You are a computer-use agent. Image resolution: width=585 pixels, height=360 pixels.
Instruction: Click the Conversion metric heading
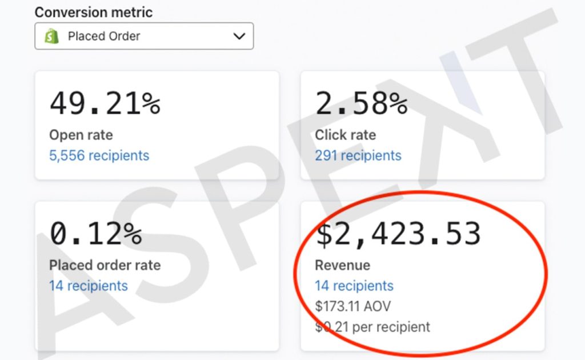pos(94,13)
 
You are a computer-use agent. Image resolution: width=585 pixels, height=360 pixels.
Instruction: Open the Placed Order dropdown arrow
pos(239,36)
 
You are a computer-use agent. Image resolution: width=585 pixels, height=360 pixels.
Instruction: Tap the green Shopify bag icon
pos(51,36)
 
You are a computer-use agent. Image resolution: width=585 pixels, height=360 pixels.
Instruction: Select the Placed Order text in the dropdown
pos(104,36)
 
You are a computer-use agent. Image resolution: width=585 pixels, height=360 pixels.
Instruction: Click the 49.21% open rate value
pos(105,103)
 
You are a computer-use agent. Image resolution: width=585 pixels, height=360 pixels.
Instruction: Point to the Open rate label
pos(81,135)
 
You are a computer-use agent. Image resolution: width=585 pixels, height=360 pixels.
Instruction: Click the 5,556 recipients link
pos(99,155)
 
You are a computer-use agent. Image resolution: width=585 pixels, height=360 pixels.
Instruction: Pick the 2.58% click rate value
pos(362,103)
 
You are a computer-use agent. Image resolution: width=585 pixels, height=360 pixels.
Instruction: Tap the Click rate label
pos(346,135)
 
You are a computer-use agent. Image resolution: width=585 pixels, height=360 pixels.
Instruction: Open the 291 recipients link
pos(358,155)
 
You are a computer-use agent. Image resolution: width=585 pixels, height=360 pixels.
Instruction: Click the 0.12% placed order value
pos(96,234)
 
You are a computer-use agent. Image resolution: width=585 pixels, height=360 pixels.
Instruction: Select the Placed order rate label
pos(105,265)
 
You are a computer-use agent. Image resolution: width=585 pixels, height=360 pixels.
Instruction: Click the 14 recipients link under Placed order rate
pos(89,286)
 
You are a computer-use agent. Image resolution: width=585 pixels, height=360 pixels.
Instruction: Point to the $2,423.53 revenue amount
pos(398,234)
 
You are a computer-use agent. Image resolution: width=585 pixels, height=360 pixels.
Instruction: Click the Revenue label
pos(343,265)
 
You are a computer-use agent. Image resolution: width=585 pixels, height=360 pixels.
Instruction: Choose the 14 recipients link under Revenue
pos(354,286)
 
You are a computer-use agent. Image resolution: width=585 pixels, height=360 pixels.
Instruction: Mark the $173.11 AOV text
pos(353,306)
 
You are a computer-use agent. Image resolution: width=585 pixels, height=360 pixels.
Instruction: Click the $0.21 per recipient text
pos(372,327)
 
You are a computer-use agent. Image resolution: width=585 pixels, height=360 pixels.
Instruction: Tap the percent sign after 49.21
pos(151,103)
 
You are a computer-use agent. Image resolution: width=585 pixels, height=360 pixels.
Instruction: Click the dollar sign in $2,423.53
pos(324,234)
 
